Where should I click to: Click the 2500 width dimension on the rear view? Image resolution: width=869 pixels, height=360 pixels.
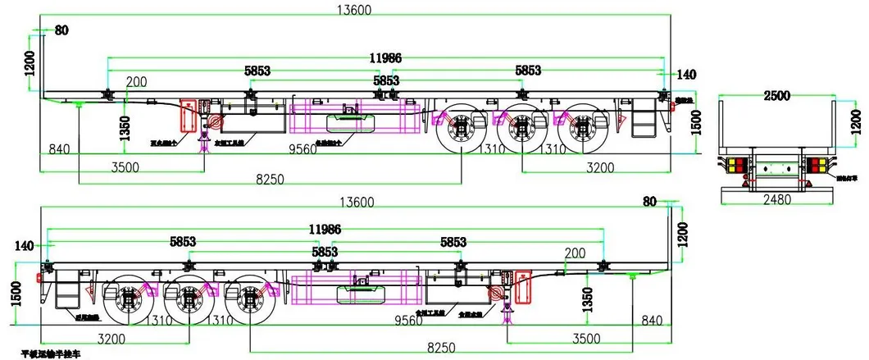776,95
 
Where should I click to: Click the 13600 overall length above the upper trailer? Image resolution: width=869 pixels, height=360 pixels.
355,10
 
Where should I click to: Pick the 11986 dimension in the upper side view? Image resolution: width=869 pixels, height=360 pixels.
384,58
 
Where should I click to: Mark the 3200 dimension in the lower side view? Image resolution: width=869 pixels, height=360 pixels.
116,338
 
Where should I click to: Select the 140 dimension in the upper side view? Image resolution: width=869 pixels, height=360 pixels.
686,75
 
